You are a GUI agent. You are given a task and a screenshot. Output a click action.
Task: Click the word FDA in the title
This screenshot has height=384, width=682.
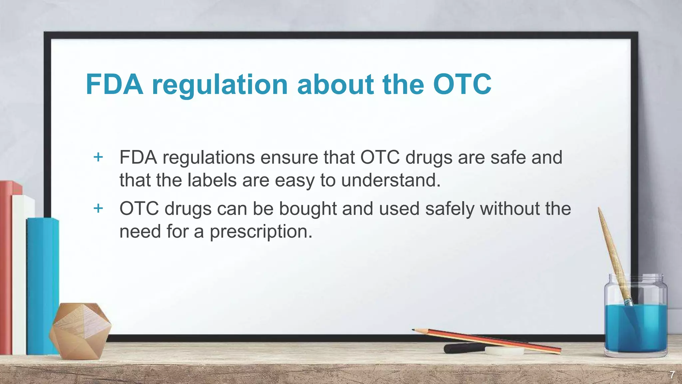[x=114, y=84]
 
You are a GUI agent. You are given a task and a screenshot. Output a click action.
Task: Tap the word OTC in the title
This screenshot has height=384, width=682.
[x=462, y=84]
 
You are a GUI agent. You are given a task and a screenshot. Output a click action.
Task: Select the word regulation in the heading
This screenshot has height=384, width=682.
[x=220, y=85]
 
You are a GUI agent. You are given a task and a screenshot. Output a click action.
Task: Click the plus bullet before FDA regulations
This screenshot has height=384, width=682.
[x=98, y=157]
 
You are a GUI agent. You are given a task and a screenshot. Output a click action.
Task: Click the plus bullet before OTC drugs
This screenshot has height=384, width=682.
[x=98, y=208]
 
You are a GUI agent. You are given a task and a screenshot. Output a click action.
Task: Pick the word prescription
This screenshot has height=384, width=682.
[x=261, y=232]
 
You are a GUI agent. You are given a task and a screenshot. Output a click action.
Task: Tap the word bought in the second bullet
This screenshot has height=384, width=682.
[x=308, y=209]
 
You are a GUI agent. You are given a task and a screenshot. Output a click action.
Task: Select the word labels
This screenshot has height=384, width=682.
[x=212, y=180]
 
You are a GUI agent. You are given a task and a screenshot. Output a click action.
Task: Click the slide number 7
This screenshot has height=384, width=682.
[x=672, y=375]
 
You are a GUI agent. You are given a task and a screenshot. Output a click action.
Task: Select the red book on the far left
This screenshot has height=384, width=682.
[x=6, y=267]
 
